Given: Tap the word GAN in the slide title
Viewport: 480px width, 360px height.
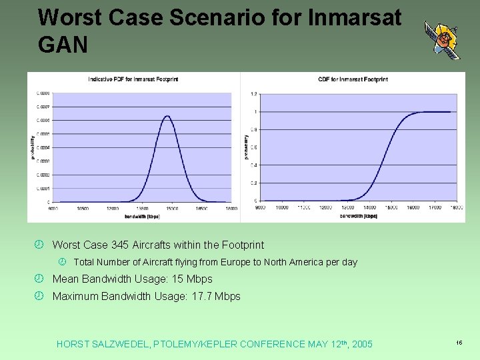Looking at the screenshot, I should (63, 45).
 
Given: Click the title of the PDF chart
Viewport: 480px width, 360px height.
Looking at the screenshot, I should (133, 79).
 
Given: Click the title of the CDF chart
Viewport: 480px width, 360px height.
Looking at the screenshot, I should (353, 79).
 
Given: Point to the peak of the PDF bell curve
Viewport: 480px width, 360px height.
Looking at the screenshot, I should (167, 117).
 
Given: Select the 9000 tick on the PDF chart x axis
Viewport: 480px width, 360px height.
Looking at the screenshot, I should (53, 208).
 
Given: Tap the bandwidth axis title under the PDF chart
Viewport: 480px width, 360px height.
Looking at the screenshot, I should (141, 216).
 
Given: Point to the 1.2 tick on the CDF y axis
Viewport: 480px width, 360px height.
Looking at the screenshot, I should (253, 94).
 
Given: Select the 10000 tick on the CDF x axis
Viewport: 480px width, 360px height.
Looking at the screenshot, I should (282, 207).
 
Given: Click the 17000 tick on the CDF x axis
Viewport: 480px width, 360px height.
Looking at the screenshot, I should (435, 207).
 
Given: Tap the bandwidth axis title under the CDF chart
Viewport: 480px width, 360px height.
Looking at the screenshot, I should (358, 215).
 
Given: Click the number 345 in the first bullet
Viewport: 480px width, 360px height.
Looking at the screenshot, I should (119, 245).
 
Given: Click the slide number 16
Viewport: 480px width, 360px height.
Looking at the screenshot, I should (459, 343).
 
